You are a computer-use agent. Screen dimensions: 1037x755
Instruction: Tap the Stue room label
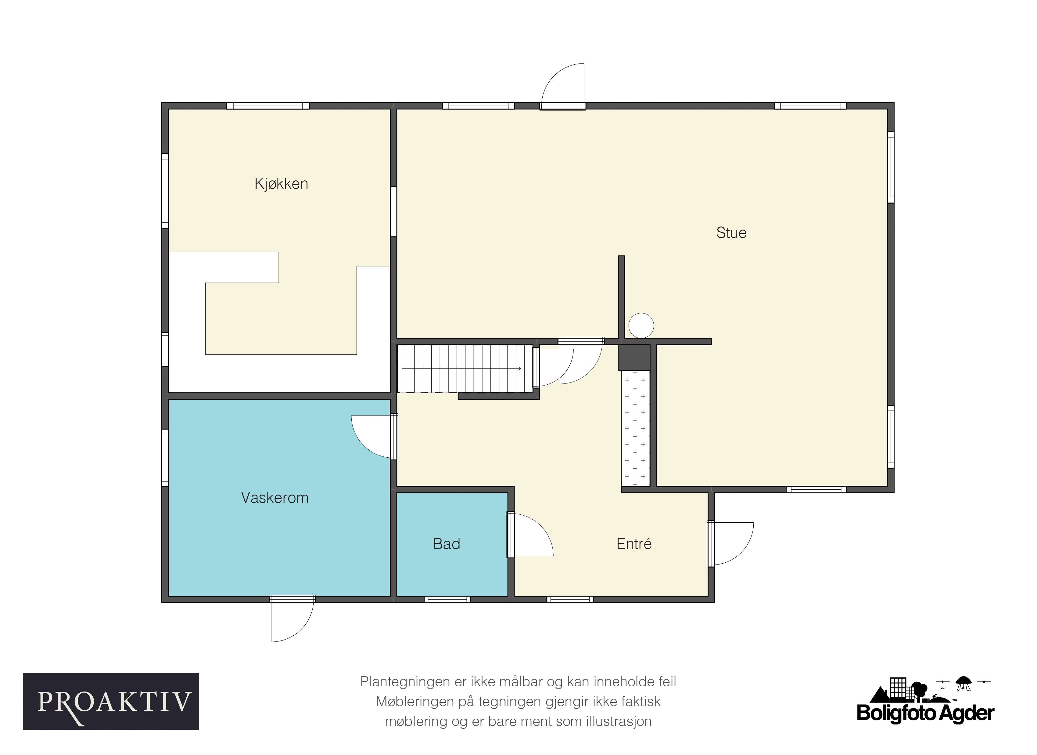coord(731,233)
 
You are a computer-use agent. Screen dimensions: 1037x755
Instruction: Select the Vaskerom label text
coord(275,498)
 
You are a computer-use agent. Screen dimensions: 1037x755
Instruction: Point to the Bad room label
coord(446,544)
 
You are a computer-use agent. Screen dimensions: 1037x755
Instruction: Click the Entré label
coord(634,544)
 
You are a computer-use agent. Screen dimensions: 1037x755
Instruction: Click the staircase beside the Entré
coord(465,369)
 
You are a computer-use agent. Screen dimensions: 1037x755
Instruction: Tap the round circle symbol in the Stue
coord(641,326)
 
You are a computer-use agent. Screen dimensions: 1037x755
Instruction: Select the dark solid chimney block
coord(634,358)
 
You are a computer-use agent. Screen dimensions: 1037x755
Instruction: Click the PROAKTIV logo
coord(111,702)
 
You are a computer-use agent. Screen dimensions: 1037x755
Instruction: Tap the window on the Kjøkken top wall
coord(268,106)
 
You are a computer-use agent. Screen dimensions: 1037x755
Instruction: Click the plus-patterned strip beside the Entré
coord(635,428)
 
